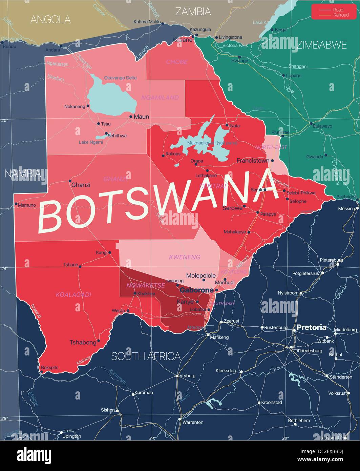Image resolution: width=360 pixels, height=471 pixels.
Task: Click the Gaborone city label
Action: tap(196, 290)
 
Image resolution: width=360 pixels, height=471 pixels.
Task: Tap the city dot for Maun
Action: tap(131, 117)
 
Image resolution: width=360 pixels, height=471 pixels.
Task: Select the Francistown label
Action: tap(253, 161)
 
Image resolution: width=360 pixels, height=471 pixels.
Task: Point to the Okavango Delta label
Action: tap(120, 78)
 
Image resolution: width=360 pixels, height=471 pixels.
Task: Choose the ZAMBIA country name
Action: tap(193, 12)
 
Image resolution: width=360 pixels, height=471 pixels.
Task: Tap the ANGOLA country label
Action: tap(50, 20)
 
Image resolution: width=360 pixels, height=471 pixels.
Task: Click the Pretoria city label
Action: tap(312, 327)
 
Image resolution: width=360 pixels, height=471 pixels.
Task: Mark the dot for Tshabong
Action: tap(99, 341)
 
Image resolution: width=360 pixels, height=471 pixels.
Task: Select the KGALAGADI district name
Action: tap(73, 295)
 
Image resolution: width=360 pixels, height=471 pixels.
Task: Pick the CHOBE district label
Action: tap(176, 62)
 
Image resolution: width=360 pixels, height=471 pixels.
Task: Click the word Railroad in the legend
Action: tap(341, 15)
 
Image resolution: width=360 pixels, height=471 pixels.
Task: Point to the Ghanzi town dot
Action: tap(70, 181)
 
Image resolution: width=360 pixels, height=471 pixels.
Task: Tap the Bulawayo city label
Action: tap(322, 126)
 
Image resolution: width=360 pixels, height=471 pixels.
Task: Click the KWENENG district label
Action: tap(185, 257)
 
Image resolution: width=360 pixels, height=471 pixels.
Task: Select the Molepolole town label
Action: tap(201, 275)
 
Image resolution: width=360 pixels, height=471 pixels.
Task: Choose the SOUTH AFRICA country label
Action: tap(146, 356)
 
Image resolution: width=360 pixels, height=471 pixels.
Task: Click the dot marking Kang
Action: tap(109, 252)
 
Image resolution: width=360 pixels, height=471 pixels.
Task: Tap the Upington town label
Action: tap(72, 436)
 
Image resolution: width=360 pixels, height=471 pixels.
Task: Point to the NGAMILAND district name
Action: tap(160, 98)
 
